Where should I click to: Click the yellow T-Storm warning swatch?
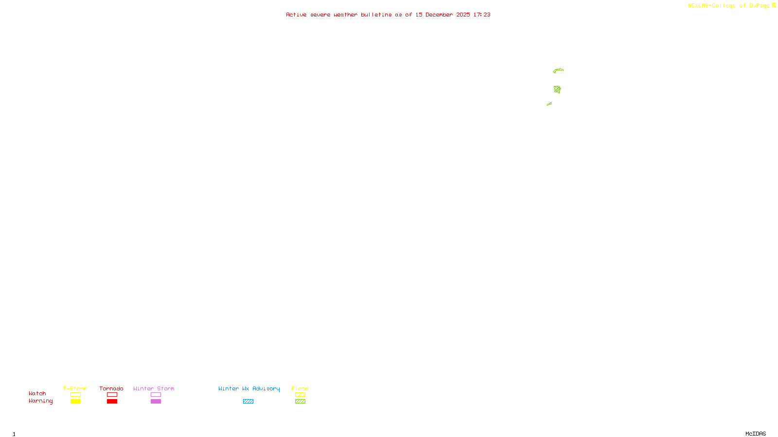click(75, 402)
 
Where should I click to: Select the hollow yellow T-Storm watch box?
click(75, 395)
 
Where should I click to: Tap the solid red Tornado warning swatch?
click(112, 402)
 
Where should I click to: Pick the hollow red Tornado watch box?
click(112, 395)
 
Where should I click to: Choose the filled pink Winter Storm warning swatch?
click(156, 402)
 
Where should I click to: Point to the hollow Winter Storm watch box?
click(156, 395)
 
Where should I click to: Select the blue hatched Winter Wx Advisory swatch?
click(248, 402)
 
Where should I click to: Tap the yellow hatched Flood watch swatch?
click(300, 395)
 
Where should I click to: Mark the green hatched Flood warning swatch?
click(300, 402)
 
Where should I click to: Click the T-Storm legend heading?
click(75, 388)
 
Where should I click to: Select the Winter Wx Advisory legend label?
click(249, 388)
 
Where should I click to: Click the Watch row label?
click(37, 393)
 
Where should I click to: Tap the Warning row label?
click(40, 401)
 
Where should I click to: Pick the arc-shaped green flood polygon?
click(559, 70)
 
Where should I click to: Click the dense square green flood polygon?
click(557, 89)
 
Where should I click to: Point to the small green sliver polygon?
click(549, 103)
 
